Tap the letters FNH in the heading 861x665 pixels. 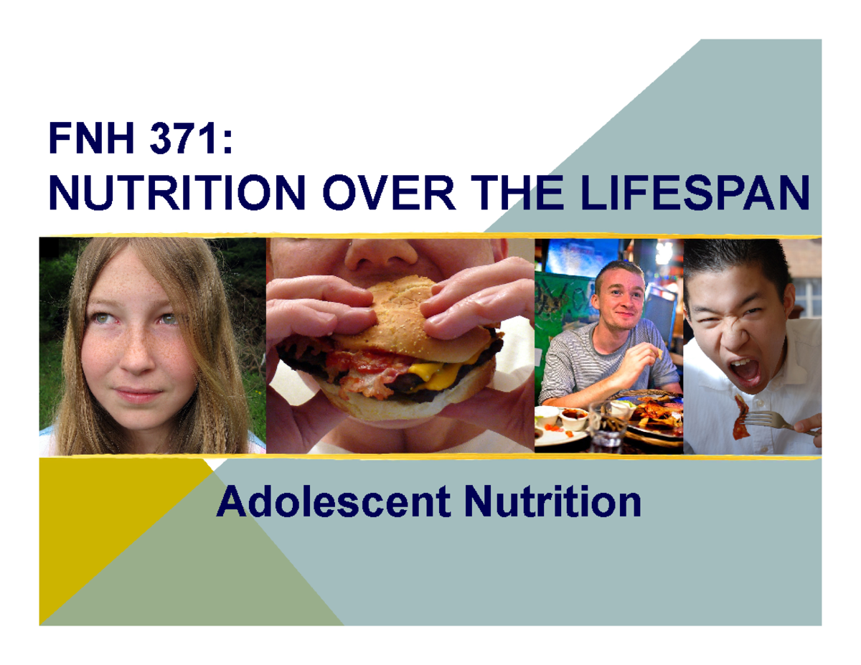[91, 138]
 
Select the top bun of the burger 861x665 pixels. [402, 301]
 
